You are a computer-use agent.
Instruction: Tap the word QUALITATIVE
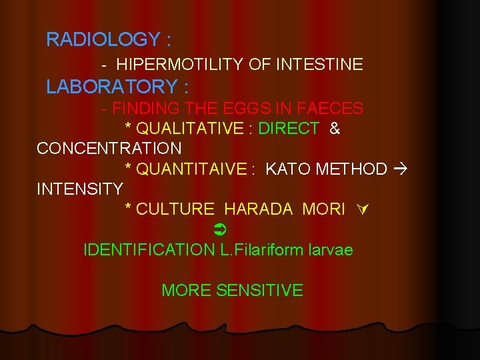point(190,129)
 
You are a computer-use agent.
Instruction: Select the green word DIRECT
point(289,129)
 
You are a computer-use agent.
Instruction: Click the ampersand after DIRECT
point(335,129)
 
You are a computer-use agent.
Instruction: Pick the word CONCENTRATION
point(109,148)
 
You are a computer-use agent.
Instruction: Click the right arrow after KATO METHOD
point(400,169)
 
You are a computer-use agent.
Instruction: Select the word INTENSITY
point(80,189)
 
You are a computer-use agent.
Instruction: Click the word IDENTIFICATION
point(145,250)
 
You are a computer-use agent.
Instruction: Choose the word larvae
point(331,250)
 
